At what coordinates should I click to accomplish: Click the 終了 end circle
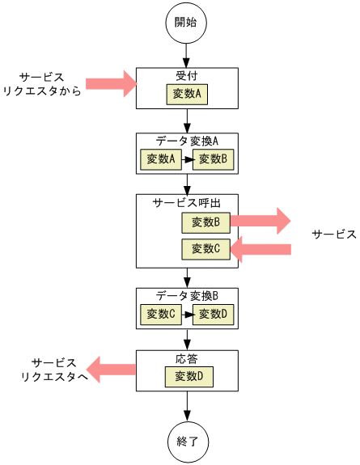[x=186, y=442]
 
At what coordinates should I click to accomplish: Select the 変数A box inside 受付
[x=189, y=95]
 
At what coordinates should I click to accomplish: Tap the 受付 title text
[x=187, y=76]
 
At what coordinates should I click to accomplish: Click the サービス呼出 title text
[x=187, y=202]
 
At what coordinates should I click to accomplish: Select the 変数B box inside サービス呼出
[x=205, y=221]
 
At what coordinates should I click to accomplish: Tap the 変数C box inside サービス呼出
[x=205, y=249]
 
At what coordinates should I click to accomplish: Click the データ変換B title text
[x=187, y=296]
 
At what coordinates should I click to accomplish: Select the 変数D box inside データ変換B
[x=214, y=314]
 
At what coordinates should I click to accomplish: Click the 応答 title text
[x=187, y=357]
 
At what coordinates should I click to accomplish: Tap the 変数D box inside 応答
[x=189, y=376]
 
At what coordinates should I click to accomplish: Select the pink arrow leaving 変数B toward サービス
[x=260, y=221]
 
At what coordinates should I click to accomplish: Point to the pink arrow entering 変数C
[x=260, y=249]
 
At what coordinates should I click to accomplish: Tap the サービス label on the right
[x=334, y=235]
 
